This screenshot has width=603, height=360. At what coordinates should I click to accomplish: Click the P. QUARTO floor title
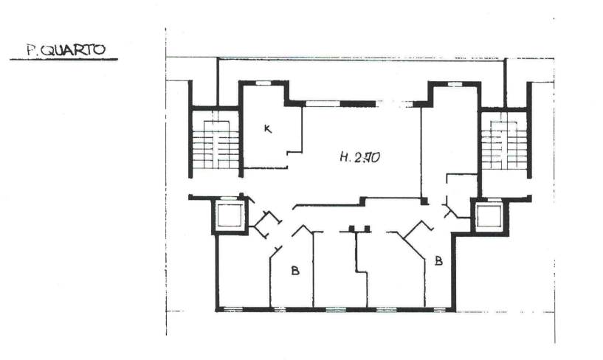click(x=66, y=50)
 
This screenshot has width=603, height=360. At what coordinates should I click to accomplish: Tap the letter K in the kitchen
click(x=268, y=128)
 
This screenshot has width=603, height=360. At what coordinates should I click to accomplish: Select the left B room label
click(x=295, y=271)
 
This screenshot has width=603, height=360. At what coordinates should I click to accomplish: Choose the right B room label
click(x=438, y=261)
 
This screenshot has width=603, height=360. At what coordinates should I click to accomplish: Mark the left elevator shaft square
click(x=230, y=216)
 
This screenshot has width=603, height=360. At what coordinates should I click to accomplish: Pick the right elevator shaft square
click(x=489, y=216)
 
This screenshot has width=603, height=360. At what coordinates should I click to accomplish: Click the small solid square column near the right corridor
click(x=424, y=201)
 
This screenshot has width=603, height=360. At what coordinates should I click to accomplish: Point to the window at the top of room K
click(x=263, y=83)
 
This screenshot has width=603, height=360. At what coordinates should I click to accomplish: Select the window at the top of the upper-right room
click(x=455, y=84)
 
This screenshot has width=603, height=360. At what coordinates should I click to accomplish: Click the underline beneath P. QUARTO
click(x=63, y=60)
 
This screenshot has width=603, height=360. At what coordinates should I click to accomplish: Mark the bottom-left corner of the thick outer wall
click(x=217, y=309)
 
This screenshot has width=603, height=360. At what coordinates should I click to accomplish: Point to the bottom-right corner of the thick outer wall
click(x=454, y=309)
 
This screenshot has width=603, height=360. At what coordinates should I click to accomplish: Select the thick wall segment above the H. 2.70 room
click(x=358, y=104)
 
